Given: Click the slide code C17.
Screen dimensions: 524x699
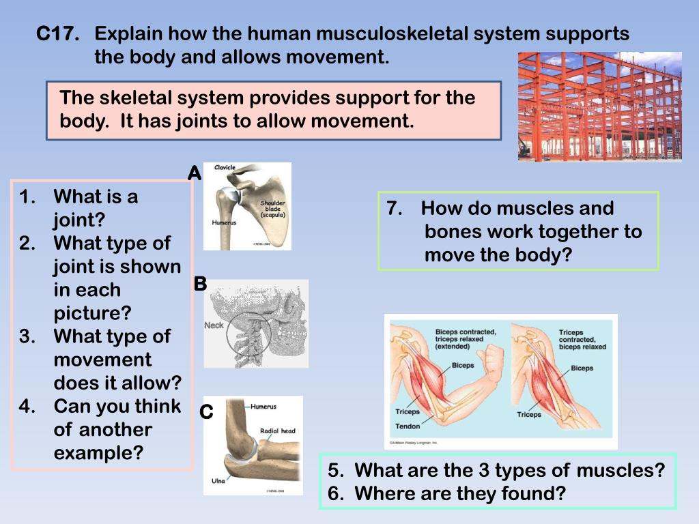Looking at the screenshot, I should [57, 34].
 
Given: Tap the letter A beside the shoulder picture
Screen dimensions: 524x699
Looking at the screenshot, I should [195, 174].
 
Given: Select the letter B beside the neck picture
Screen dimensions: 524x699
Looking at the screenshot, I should [200, 284].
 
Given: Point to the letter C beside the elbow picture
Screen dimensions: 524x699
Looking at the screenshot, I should [207, 412].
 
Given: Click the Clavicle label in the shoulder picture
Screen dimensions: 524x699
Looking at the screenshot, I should [225, 167].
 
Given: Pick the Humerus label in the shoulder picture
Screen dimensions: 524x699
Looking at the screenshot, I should [223, 222].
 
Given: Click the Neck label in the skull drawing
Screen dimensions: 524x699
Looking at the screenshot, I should [214, 325].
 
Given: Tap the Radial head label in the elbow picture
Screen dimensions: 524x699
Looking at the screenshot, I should [278, 431].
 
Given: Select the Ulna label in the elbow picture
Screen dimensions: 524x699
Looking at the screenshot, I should [218, 481].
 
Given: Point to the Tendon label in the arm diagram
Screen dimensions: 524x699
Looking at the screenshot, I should [408, 426].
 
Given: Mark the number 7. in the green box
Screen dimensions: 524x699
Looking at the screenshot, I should [395, 209].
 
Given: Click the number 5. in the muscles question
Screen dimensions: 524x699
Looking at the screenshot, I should [335, 470].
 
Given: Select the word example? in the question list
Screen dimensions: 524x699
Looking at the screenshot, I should [98, 452].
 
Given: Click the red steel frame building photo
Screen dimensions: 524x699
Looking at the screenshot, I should [599, 106].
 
